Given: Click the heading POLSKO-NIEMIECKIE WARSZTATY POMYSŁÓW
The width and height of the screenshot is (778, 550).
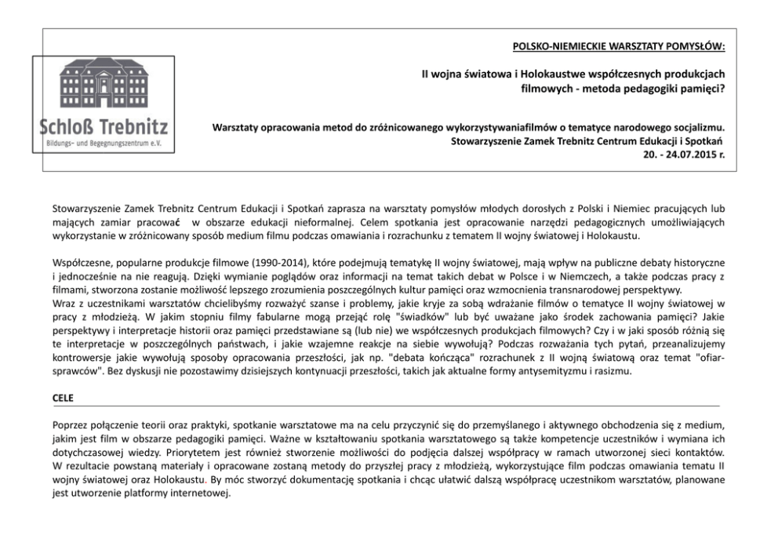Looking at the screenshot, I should pyautogui.click(x=619, y=46).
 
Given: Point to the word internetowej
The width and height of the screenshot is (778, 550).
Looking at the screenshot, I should pyautogui.click(x=202, y=494).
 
